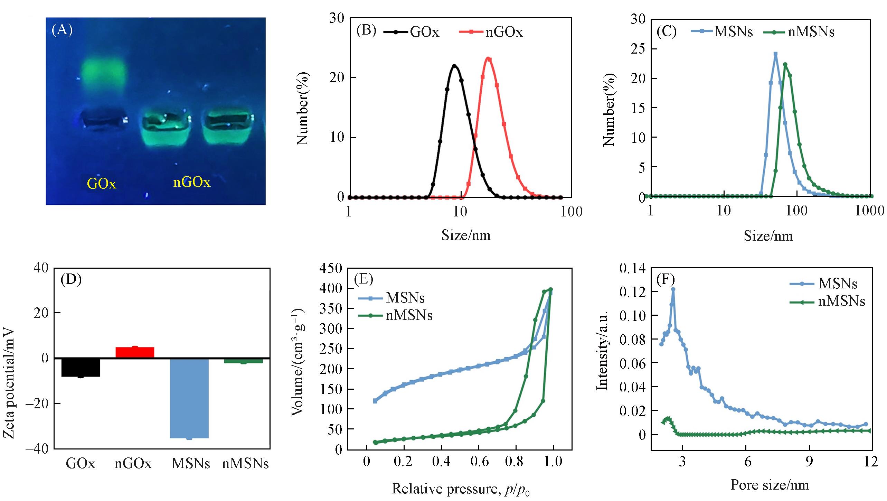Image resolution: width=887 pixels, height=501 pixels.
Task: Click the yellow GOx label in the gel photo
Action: tap(101, 183)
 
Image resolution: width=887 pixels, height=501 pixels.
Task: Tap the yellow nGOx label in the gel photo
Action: tap(191, 182)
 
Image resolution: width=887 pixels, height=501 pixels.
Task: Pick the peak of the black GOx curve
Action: tap(454, 65)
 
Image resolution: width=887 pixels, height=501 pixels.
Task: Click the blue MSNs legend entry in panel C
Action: tap(722, 31)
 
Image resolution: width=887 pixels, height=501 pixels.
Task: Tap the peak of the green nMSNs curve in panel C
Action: tap(785, 64)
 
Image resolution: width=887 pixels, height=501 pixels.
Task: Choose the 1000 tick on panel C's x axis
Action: tap(869, 211)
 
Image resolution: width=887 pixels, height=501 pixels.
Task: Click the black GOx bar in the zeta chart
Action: tap(81, 367)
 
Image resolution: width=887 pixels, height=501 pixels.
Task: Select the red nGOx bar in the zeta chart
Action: tap(135, 352)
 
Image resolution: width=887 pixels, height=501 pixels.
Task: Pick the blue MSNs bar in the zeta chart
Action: tap(189, 398)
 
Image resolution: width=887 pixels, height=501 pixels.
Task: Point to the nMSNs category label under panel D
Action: tap(245, 463)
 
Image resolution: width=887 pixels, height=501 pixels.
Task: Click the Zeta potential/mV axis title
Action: tap(9, 383)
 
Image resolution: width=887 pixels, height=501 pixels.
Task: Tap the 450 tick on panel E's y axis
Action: tap(331, 268)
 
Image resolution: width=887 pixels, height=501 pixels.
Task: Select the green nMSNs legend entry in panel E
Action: tap(395, 315)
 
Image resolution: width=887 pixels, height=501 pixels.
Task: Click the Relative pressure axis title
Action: tap(460, 489)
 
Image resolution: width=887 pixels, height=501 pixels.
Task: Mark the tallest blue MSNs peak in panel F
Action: tap(673, 289)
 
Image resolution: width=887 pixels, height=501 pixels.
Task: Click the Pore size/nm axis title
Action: tap(770, 485)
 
